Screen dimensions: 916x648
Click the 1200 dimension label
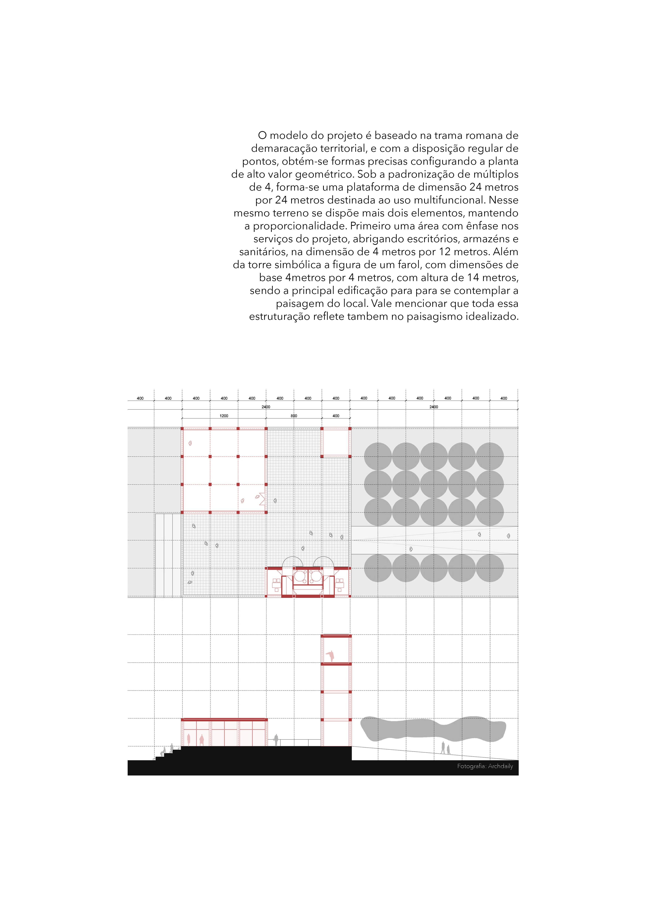(x=224, y=416)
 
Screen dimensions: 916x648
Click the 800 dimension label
(x=294, y=416)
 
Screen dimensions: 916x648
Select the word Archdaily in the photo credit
(x=500, y=766)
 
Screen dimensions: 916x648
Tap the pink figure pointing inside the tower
(x=330, y=655)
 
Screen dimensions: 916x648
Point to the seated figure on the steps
(x=163, y=752)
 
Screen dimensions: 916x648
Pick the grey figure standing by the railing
(x=276, y=740)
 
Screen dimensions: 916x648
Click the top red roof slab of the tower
(x=336, y=636)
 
